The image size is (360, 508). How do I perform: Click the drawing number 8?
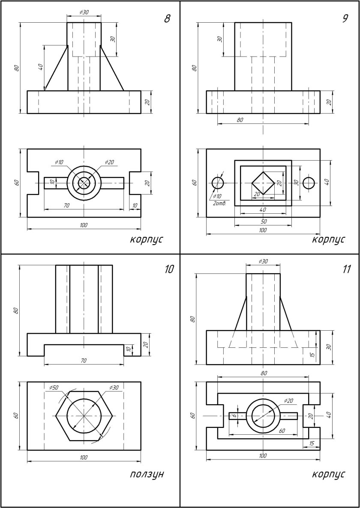coord(167,19)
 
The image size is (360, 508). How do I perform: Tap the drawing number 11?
coord(347,269)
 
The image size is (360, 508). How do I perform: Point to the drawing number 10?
coord(169,269)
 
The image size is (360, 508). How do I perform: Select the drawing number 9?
coord(345,19)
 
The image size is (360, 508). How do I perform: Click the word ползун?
coord(147,474)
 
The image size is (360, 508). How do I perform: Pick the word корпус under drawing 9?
coord(328,239)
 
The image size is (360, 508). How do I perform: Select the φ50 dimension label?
coord(54,387)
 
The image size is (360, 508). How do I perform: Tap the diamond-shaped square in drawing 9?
coord(263,183)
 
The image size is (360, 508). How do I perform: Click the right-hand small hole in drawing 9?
coord(309,183)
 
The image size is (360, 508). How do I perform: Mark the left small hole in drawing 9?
coord(218,183)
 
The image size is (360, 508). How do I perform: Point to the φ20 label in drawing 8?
coord(109,162)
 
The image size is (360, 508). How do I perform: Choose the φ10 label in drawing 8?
coord(59,162)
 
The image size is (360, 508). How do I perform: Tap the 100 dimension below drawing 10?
coord(84,457)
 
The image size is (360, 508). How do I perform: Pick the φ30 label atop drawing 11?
coord(263,261)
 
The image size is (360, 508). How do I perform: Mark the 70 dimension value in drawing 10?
coord(84,361)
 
